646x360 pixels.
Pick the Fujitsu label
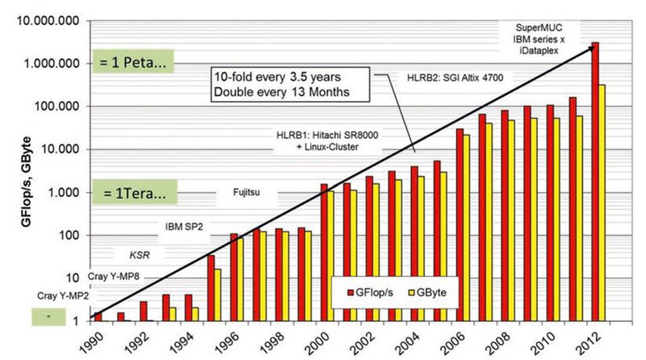[251, 193]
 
